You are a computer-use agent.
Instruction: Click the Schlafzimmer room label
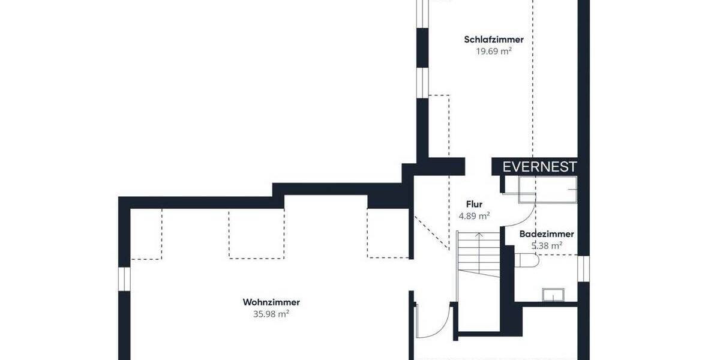click(493, 40)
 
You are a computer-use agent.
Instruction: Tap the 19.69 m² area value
click(493, 52)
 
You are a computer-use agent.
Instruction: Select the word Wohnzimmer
click(271, 302)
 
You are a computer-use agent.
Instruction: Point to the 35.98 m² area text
click(271, 314)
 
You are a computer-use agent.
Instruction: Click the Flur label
click(474, 204)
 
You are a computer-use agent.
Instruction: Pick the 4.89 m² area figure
click(474, 215)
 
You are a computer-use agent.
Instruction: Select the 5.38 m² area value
click(547, 245)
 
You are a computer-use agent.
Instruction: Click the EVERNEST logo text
click(539, 167)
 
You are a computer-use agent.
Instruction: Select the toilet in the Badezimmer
click(527, 260)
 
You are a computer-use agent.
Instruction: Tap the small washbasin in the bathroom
click(553, 294)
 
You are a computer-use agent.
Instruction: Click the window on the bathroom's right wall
click(583, 268)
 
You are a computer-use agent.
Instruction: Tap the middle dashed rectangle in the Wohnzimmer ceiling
click(256, 234)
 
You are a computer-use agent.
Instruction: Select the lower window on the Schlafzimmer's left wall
click(422, 82)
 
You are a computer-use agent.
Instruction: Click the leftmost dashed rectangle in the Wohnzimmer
click(146, 234)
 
